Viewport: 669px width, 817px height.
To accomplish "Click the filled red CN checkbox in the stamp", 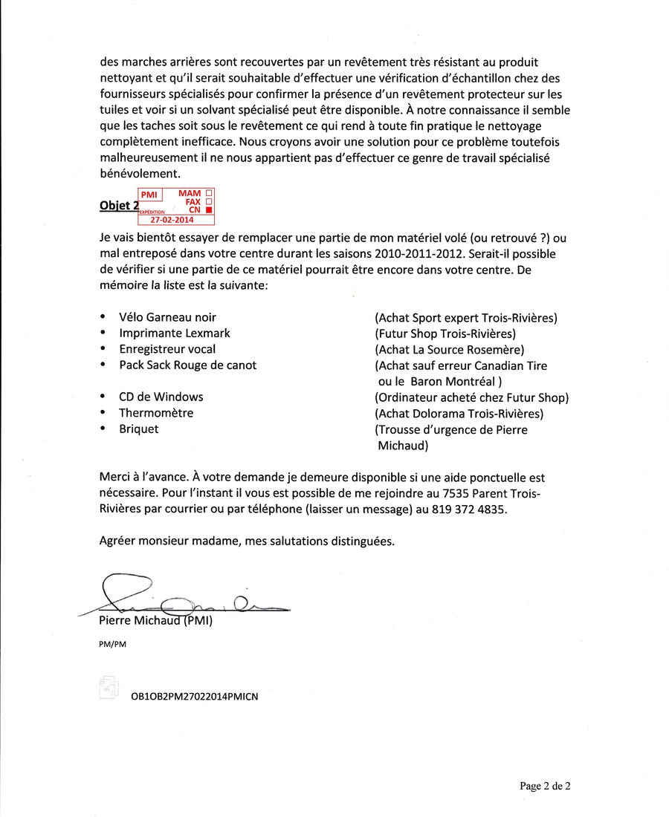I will [209, 210].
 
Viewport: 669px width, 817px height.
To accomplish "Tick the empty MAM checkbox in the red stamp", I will [209, 193].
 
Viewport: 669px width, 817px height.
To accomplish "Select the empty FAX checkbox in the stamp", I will [209, 201].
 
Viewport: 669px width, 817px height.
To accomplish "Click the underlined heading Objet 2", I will [119, 206].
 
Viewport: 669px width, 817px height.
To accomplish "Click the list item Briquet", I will [139, 429].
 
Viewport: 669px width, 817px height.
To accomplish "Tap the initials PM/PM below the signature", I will [112, 644].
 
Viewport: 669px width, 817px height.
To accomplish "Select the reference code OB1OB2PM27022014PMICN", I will [194, 697].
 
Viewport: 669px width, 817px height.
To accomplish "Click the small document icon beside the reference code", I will [109, 687].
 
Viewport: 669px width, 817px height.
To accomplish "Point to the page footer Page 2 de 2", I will [545, 786].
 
